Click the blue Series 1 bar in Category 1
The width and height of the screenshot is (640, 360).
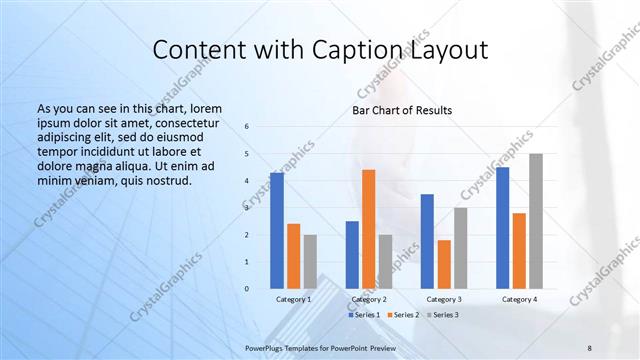point(276,231)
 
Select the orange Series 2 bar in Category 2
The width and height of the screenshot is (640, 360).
point(368,229)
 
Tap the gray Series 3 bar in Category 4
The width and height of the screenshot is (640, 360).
point(536,221)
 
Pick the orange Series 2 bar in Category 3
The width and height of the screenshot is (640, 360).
point(444,264)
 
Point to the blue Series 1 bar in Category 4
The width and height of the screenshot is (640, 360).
point(502,228)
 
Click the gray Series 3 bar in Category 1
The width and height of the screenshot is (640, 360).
point(310,262)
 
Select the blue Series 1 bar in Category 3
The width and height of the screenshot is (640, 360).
point(427,241)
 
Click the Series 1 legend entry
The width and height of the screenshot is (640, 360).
point(364,314)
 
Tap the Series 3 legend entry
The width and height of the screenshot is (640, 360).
point(443,314)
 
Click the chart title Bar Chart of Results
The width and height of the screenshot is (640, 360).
point(402,110)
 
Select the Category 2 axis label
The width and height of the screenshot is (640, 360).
point(369,299)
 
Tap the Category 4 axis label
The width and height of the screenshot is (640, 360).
point(519,299)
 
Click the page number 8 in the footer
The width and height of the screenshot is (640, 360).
point(590,346)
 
